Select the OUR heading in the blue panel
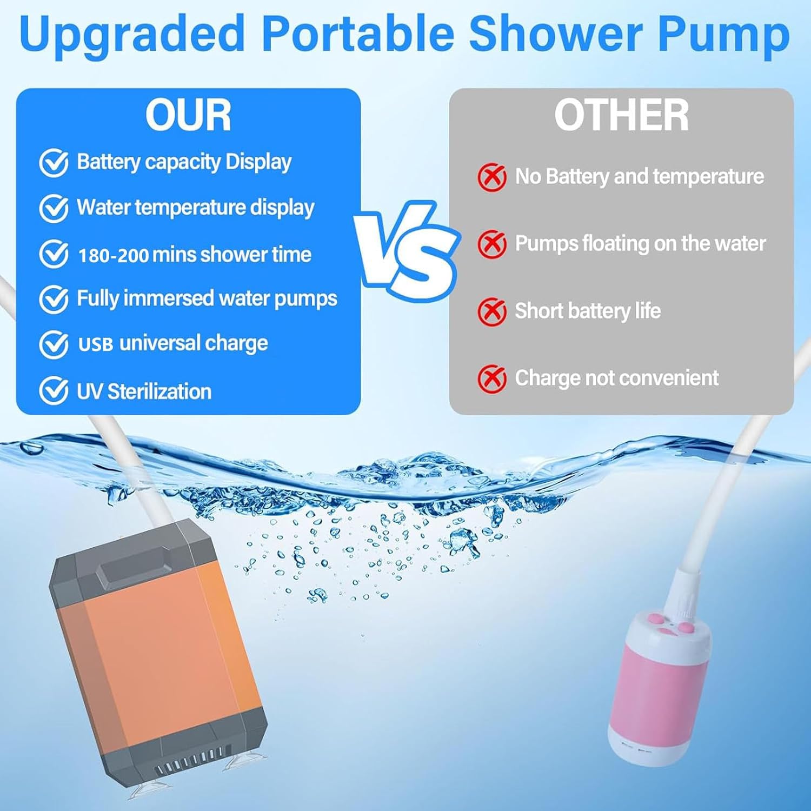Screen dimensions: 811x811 pyautogui.click(x=188, y=115)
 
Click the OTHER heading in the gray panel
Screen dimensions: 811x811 pyautogui.click(x=622, y=115)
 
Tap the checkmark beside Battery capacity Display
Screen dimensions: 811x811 pyautogui.click(x=54, y=163)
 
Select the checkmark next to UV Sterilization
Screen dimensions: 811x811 pyautogui.click(x=54, y=391)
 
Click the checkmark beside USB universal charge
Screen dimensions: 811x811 pyautogui.click(x=54, y=344)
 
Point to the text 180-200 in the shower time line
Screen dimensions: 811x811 pyautogui.click(x=113, y=255)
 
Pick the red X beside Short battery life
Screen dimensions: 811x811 pyautogui.click(x=491, y=311)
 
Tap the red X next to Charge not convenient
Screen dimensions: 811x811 pyautogui.click(x=491, y=378)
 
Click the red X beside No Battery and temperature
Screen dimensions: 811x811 pyautogui.click(x=491, y=177)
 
